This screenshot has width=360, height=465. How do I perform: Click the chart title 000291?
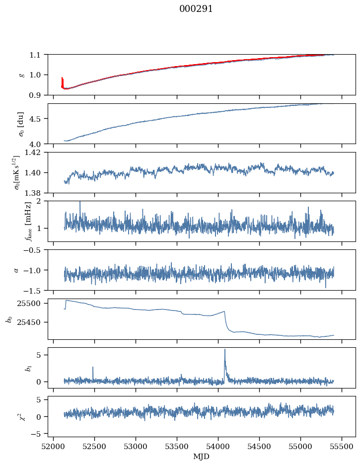pyautogui.click(x=196, y=9)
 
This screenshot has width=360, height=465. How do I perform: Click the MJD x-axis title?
pyautogui.click(x=202, y=457)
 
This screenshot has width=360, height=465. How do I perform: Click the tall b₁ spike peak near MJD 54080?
pyautogui.click(x=224, y=350)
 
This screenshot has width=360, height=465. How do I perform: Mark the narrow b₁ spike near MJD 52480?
pyautogui.click(x=93, y=368)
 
